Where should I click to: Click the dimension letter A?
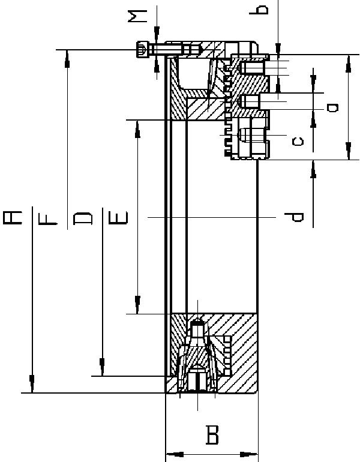point(13,218)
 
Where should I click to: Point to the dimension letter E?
point(118,218)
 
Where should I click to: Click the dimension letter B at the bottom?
point(212,434)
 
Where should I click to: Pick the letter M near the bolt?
point(137,16)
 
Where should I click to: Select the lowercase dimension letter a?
point(332,107)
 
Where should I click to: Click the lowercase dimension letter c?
point(298,142)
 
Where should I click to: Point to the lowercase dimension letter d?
point(294,217)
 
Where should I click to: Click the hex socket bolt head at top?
point(142,49)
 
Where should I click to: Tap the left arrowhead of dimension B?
point(175,454)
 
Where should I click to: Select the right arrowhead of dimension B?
point(249,454)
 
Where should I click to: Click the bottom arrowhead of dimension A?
point(32,384)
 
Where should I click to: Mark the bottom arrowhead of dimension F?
point(102,367)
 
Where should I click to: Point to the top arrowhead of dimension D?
point(67,59)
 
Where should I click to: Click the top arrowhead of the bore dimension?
point(137,129)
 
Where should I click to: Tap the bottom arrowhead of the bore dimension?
point(137,305)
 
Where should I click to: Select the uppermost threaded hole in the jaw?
point(253,67)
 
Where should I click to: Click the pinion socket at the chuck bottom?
point(197,379)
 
